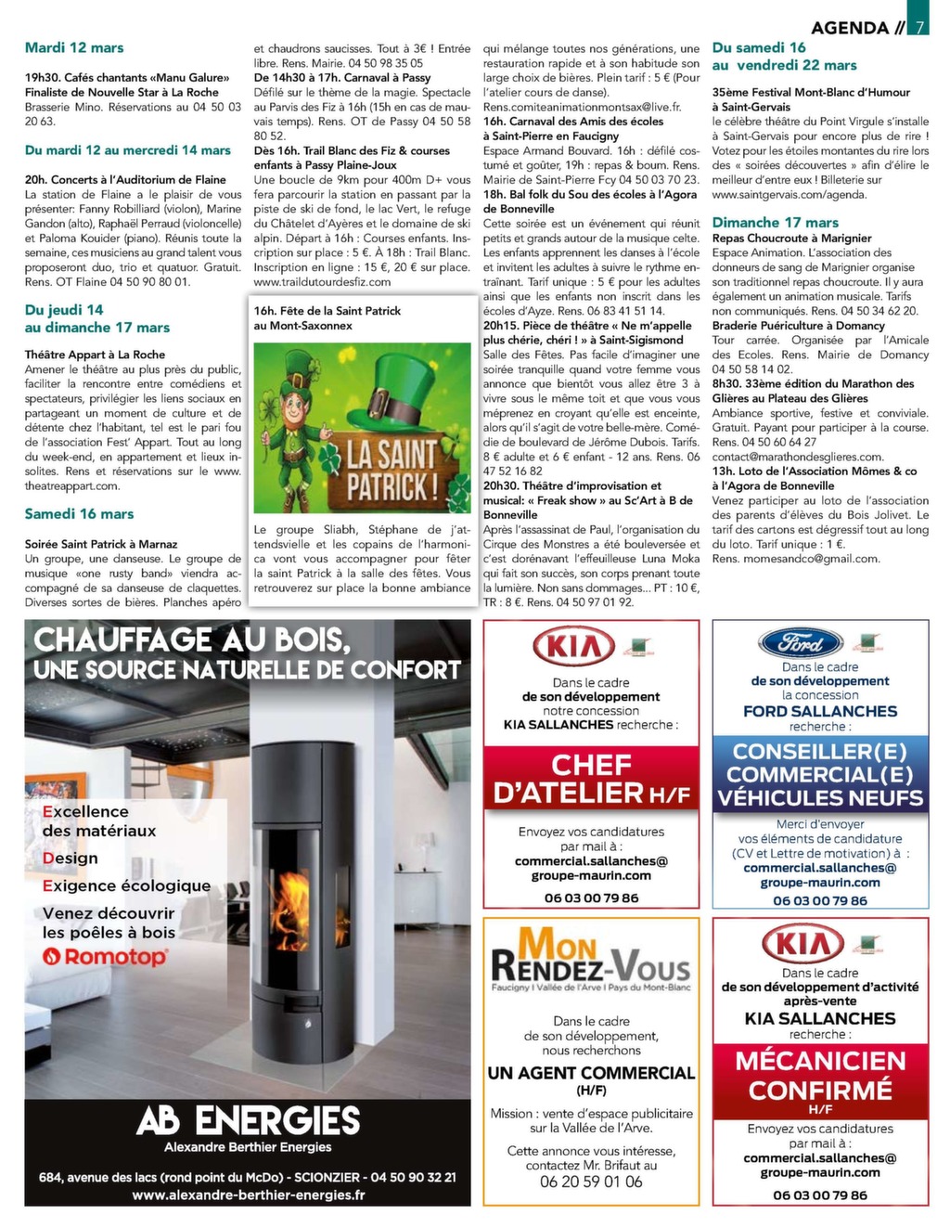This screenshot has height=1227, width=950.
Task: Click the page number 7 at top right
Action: [x=918, y=27]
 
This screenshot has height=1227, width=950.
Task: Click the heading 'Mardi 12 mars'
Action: [x=74, y=48]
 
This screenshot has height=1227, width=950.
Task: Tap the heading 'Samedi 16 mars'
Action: [x=80, y=514]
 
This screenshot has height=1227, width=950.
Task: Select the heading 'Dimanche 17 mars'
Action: [x=776, y=223]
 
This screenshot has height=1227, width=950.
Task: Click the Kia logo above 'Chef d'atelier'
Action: [x=573, y=647]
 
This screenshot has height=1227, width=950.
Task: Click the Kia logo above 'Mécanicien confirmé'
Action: [x=802, y=945]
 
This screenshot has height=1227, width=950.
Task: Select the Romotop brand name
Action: [x=104, y=957]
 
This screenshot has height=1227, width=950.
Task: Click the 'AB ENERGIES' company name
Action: [x=248, y=1120]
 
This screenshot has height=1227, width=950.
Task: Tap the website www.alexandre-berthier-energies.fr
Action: [x=248, y=1195]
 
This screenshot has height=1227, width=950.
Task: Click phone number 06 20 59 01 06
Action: [x=591, y=1182]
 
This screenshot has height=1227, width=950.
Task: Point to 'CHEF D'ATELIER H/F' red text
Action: [x=591, y=779]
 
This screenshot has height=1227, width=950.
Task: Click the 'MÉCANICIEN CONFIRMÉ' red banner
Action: [x=820, y=1075]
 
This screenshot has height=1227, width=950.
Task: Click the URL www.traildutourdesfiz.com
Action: [x=322, y=282]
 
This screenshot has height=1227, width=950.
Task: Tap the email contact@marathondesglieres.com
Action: [x=798, y=457]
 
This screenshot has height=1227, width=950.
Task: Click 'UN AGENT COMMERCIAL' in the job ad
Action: [x=591, y=1073]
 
